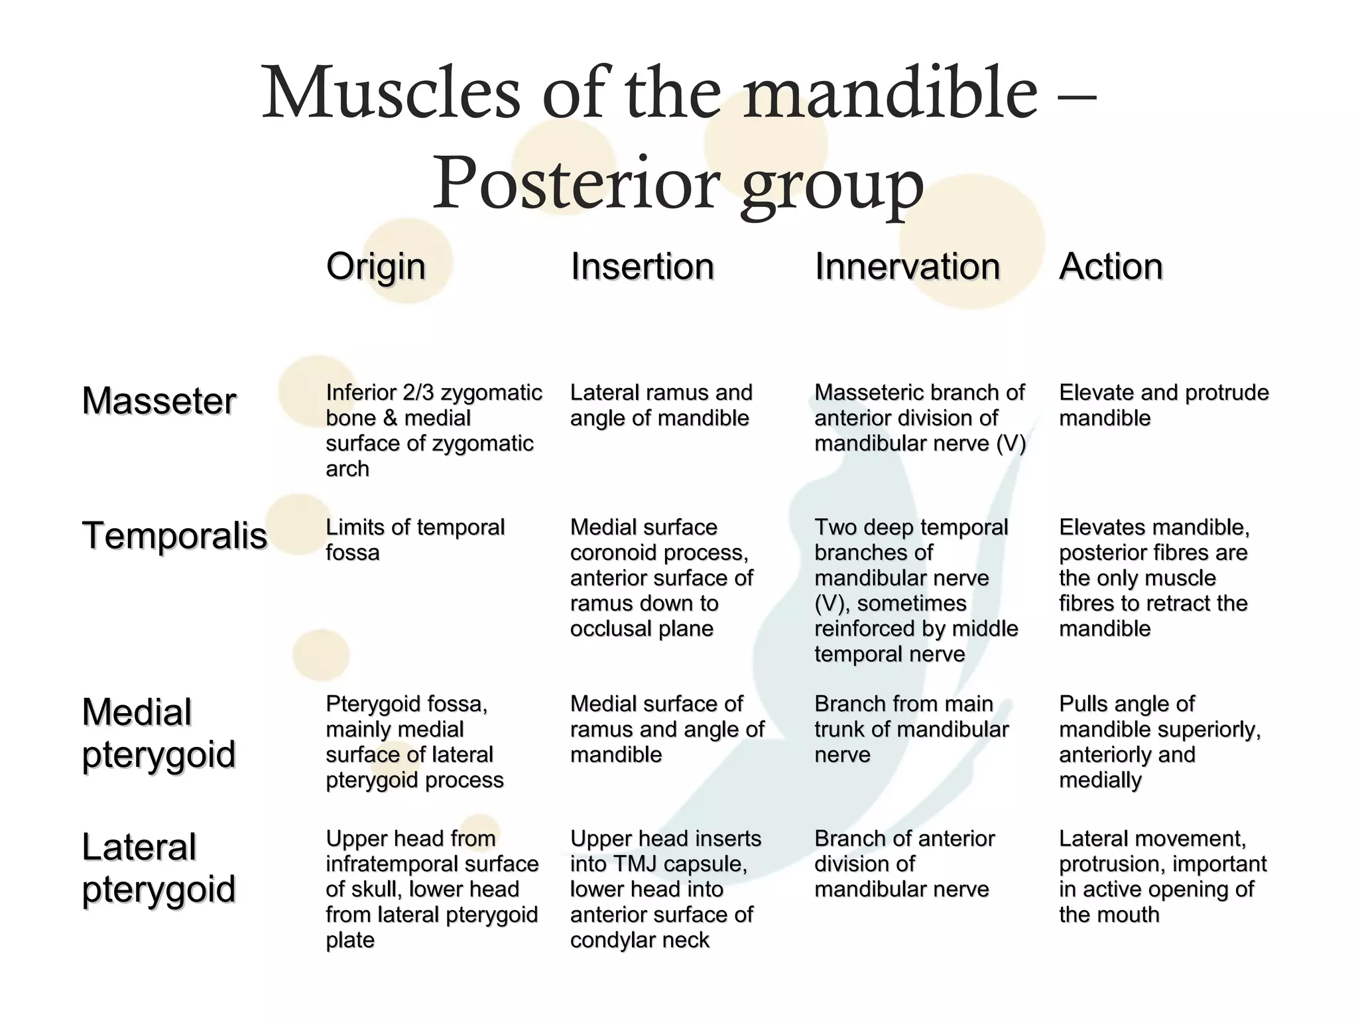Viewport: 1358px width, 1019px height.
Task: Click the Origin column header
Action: point(375,267)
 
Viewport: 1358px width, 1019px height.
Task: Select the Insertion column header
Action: point(642,267)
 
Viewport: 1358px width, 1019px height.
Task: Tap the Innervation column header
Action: point(906,267)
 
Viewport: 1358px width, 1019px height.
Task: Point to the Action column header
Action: point(1111,267)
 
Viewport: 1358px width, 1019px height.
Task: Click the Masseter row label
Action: point(159,401)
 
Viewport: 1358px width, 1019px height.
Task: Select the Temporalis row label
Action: point(174,536)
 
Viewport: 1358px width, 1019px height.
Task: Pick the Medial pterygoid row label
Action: point(158,733)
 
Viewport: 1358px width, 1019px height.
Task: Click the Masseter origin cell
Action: point(434,431)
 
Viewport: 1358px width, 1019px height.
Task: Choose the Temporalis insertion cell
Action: point(661,578)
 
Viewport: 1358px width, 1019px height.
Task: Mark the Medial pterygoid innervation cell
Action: point(911,729)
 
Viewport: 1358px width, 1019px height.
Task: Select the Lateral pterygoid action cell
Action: point(1162,876)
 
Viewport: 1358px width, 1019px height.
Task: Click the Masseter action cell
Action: point(1164,405)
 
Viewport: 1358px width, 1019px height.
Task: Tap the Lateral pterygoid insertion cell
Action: point(665,889)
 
